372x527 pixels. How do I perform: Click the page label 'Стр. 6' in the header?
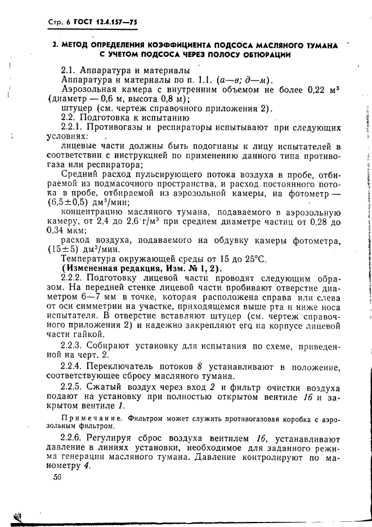[x=52, y=23]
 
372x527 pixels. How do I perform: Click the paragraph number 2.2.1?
[x=74, y=127]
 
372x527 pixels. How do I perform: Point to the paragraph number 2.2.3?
[x=74, y=346]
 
